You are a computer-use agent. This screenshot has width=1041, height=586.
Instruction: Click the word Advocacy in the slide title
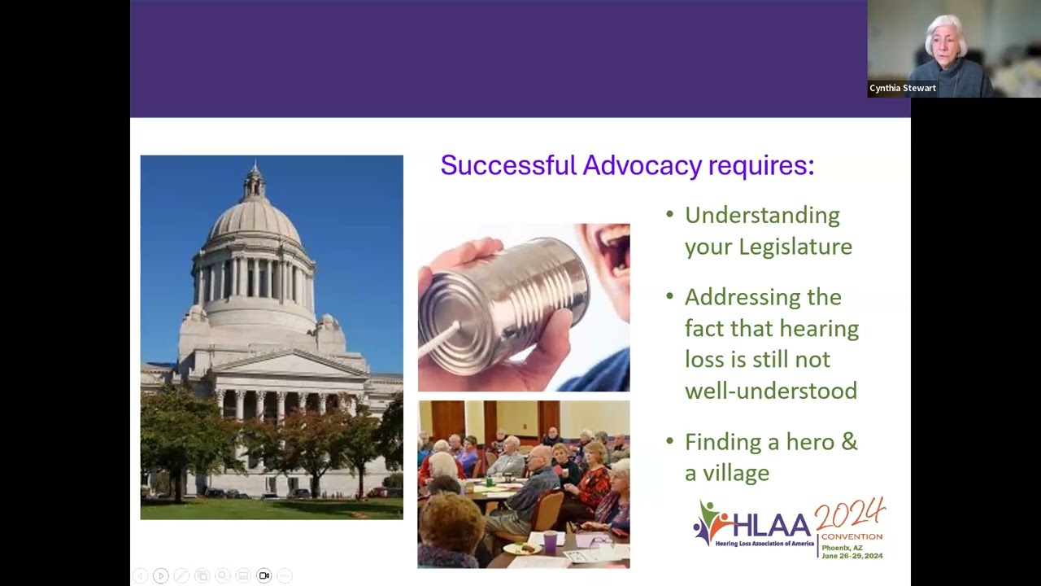(642, 165)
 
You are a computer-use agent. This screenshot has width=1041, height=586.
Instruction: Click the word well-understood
(770, 391)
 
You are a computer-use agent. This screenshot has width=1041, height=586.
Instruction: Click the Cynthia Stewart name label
(902, 88)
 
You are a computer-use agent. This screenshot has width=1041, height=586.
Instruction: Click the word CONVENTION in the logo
(852, 537)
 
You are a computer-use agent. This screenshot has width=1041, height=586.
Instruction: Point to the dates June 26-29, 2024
(852, 556)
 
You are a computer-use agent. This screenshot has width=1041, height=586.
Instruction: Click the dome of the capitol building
(255, 220)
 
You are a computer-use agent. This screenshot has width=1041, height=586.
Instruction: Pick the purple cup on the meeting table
(551, 541)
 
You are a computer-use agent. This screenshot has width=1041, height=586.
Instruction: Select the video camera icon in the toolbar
(264, 575)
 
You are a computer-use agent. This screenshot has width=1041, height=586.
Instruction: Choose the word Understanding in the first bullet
(762, 216)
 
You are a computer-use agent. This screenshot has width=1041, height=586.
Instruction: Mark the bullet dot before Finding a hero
(670, 442)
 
